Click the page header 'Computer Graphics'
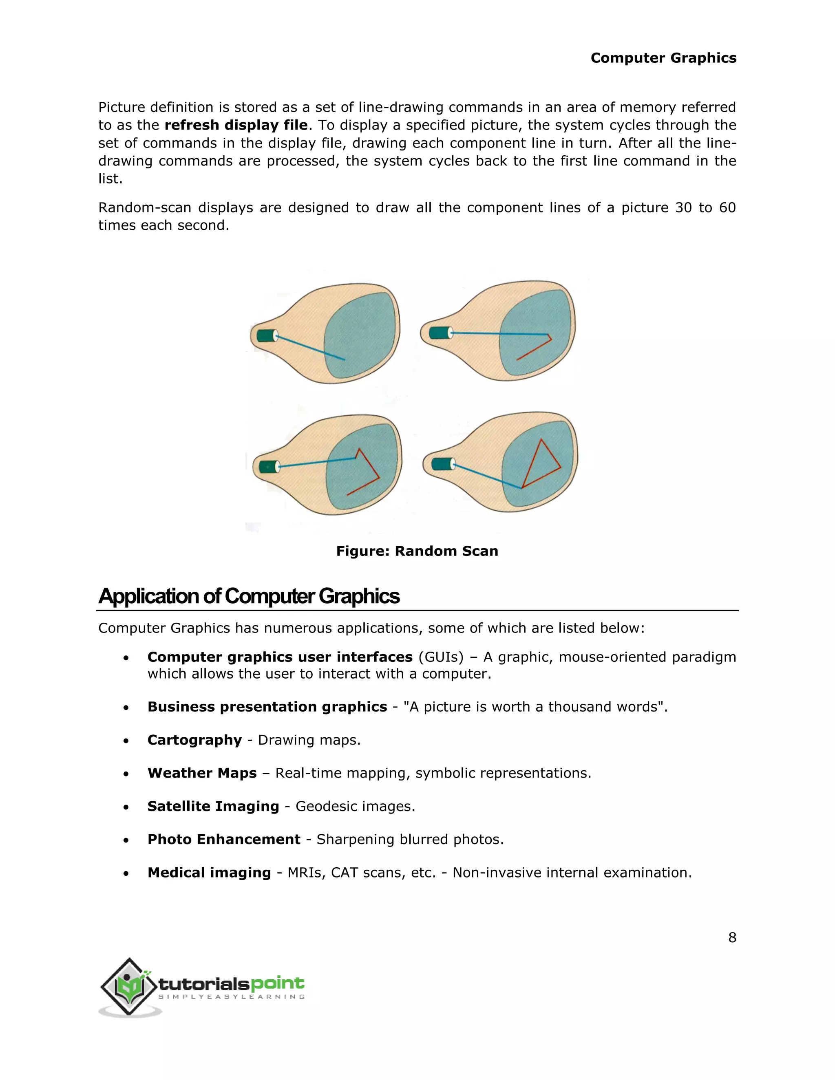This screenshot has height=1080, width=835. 663,58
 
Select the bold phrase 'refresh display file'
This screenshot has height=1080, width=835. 236,125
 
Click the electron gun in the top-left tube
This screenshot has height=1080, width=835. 267,335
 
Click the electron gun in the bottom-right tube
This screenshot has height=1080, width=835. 442,464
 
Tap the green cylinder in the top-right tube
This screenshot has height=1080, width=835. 439,332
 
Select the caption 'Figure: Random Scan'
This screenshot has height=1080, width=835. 417,551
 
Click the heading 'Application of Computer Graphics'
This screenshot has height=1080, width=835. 249,596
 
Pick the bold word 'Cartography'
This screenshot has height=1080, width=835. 194,740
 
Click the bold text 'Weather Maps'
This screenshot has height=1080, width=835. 202,773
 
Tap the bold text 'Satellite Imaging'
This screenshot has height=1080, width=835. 213,806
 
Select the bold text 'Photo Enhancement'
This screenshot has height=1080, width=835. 223,839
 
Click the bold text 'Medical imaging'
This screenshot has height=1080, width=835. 209,872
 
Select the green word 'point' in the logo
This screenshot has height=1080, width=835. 278,983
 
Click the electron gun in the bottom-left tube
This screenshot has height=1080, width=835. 269,466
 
